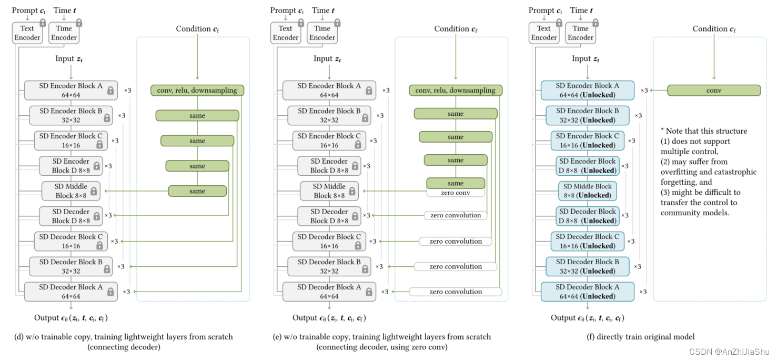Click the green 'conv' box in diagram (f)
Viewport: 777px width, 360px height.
pyautogui.click(x=713, y=91)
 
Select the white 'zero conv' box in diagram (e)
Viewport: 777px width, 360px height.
pyautogui.click(x=455, y=193)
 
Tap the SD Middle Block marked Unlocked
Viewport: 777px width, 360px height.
pyautogui.click(x=587, y=191)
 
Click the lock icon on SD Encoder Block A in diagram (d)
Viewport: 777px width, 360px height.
pyautogui.click(x=110, y=91)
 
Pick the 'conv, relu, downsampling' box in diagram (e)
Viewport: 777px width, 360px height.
pyautogui.click(x=455, y=91)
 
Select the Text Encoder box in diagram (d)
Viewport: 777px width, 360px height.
pyautogui.click(x=27, y=33)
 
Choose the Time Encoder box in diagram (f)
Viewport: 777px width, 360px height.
pyautogui.click(x=580, y=33)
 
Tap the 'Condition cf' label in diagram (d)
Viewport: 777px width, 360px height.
pyautogui.click(x=197, y=29)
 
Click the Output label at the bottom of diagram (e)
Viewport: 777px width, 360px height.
pyautogui.click(x=329, y=318)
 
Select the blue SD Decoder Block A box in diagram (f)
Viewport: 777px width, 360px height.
pyautogui.click(x=587, y=292)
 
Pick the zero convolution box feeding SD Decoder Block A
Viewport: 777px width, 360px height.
pyautogui.click(x=455, y=292)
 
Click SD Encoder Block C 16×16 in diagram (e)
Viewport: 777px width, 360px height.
pyautogui.click(x=329, y=141)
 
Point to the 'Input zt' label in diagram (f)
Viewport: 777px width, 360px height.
pyautogui.click(x=586, y=59)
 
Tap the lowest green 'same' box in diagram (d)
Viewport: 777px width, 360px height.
pyautogui.click(x=197, y=191)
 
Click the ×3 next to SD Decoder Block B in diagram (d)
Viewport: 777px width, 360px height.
pyautogui.click(x=121, y=267)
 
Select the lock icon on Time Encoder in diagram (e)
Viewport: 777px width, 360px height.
pyautogui.click(x=337, y=23)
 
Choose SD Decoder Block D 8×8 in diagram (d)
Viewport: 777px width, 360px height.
pyautogui.click(x=70, y=216)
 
